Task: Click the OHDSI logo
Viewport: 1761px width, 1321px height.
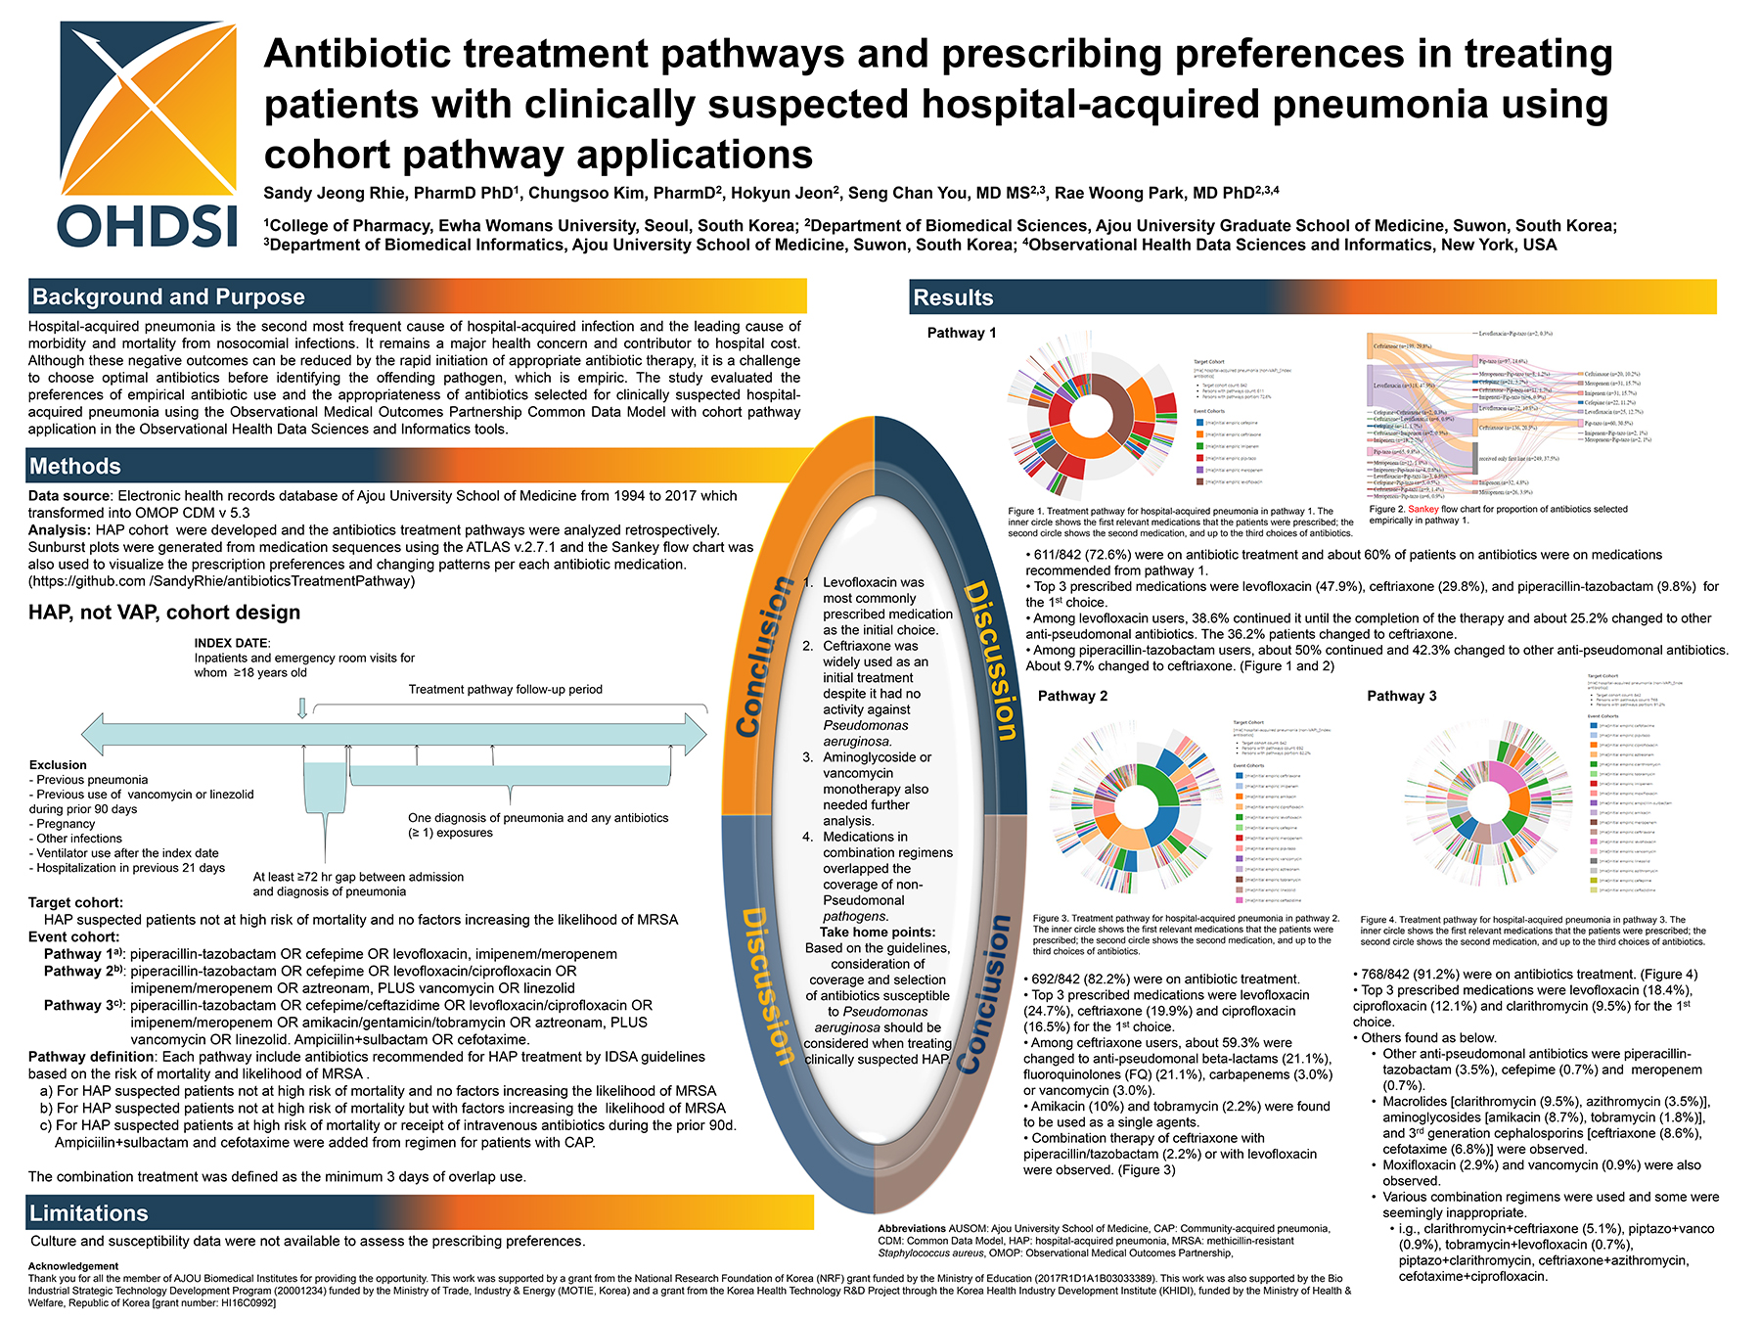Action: pyautogui.click(x=148, y=134)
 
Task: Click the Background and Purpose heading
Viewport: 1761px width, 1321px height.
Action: pyautogui.click(x=168, y=296)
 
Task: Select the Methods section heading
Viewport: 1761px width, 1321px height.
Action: pyautogui.click(x=75, y=466)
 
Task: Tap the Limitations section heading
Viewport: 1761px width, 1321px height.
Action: pyautogui.click(x=89, y=1213)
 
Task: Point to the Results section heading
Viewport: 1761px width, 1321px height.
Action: pyautogui.click(x=953, y=297)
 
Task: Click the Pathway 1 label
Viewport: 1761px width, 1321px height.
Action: pyautogui.click(x=962, y=333)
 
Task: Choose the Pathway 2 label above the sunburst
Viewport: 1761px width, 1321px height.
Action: pyautogui.click(x=1072, y=696)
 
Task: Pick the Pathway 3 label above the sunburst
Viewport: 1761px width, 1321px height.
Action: pyautogui.click(x=1402, y=696)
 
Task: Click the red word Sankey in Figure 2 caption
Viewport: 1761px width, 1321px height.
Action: pyautogui.click(x=1423, y=509)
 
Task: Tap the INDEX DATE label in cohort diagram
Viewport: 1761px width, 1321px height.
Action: pyautogui.click(x=232, y=643)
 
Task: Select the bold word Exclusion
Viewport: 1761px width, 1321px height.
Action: pyautogui.click(x=58, y=765)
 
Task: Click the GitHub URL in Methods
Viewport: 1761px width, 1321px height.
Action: pyautogui.click(x=221, y=581)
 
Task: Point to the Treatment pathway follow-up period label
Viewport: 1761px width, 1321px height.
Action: pyautogui.click(x=505, y=689)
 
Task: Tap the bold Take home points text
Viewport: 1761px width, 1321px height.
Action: pyautogui.click(x=878, y=932)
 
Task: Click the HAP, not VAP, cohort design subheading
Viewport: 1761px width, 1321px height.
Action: pyautogui.click(x=164, y=613)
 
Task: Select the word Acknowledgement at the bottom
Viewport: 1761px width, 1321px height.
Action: pyautogui.click(x=73, y=1266)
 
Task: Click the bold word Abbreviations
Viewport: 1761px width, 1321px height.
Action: pyautogui.click(x=912, y=1228)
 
